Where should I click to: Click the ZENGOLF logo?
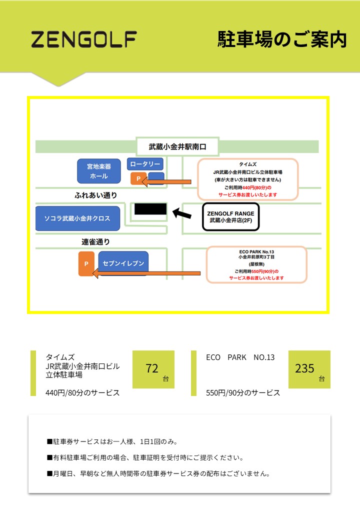(84, 39)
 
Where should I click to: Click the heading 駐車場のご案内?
(281, 39)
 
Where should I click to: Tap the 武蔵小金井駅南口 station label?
(177, 147)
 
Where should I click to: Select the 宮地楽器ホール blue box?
(99, 171)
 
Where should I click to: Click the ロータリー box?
(145, 164)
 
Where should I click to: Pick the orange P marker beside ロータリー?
(138, 178)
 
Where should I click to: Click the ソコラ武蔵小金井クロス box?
(77, 218)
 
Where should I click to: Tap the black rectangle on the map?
(150, 209)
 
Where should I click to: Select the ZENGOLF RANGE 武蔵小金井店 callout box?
(231, 216)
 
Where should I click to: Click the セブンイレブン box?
(123, 263)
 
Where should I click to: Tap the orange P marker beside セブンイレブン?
(86, 264)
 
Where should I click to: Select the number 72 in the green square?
(152, 368)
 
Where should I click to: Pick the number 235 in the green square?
(304, 368)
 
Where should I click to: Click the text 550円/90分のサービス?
(243, 392)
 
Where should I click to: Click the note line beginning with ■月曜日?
(158, 473)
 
